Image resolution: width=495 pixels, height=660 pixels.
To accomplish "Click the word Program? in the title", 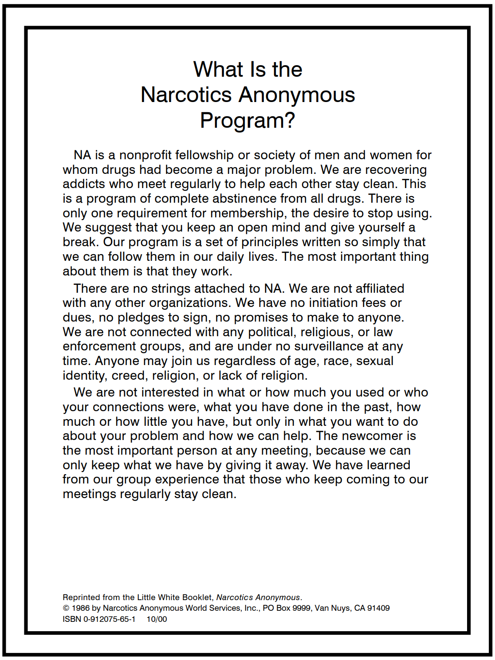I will point(247,120).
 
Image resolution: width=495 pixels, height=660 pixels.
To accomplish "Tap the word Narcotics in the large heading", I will point(186,95).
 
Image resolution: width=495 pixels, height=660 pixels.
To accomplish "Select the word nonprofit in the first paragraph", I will point(145,155).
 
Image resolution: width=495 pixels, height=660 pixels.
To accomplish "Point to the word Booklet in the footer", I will point(197,597).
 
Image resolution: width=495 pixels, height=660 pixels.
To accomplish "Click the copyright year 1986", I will point(81,608).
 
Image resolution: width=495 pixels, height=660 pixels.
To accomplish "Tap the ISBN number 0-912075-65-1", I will point(110,619).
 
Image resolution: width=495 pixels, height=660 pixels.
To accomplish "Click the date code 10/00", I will point(157,619).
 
